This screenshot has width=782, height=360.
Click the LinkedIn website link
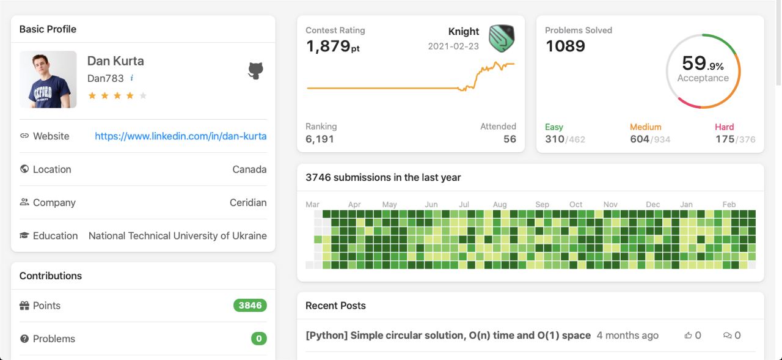180,136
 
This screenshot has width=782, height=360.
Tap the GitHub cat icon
255,71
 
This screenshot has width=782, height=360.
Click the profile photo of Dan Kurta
48,79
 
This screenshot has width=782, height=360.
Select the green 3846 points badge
250,306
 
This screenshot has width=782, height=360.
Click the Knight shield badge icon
502,39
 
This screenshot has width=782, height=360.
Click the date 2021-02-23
453,46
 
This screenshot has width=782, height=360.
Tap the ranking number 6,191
320,139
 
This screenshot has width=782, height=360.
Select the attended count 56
510,139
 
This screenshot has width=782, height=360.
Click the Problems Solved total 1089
565,46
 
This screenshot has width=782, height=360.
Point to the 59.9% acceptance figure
703,64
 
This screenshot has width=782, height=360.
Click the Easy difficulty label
554,127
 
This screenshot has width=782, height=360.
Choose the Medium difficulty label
646,127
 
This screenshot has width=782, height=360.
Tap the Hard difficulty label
725,127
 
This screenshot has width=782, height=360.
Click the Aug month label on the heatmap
500,205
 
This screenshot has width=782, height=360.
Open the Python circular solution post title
448,336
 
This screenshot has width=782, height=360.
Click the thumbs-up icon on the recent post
688,336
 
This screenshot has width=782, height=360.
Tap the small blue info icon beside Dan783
131,78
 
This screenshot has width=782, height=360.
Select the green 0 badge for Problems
258,339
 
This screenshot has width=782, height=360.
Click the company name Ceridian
248,203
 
